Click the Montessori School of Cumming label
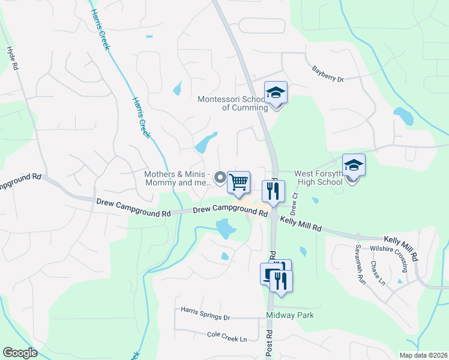click(x=233, y=103)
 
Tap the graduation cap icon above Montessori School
click(x=276, y=93)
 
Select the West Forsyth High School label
click(x=319, y=178)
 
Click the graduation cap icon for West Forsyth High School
click(x=354, y=165)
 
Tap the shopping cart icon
click(x=239, y=182)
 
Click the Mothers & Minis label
click(x=178, y=178)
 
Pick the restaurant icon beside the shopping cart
click(x=273, y=191)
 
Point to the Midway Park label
click(x=290, y=315)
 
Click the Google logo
click(x=20, y=353)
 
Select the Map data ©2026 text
click(x=423, y=355)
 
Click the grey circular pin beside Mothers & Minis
click(x=219, y=177)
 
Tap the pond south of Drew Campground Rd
click(x=225, y=228)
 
